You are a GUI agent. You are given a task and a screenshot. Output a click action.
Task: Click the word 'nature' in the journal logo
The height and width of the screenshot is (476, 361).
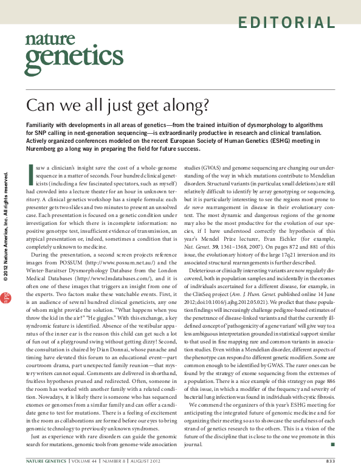click(x=44, y=40)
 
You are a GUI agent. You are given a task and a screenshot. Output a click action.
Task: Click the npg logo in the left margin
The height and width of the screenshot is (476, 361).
click(x=7, y=314)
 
